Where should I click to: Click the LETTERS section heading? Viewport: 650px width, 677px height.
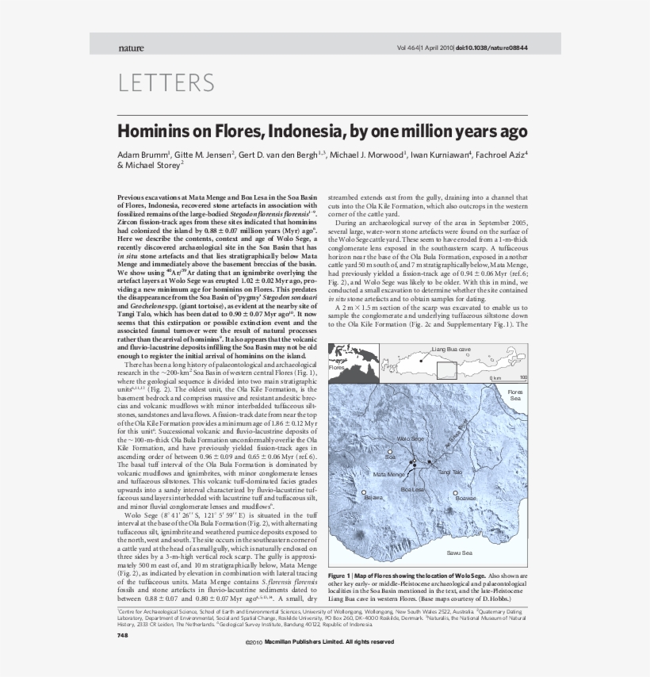(x=166, y=82)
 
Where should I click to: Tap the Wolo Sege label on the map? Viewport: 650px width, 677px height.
(x=411, y=438)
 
